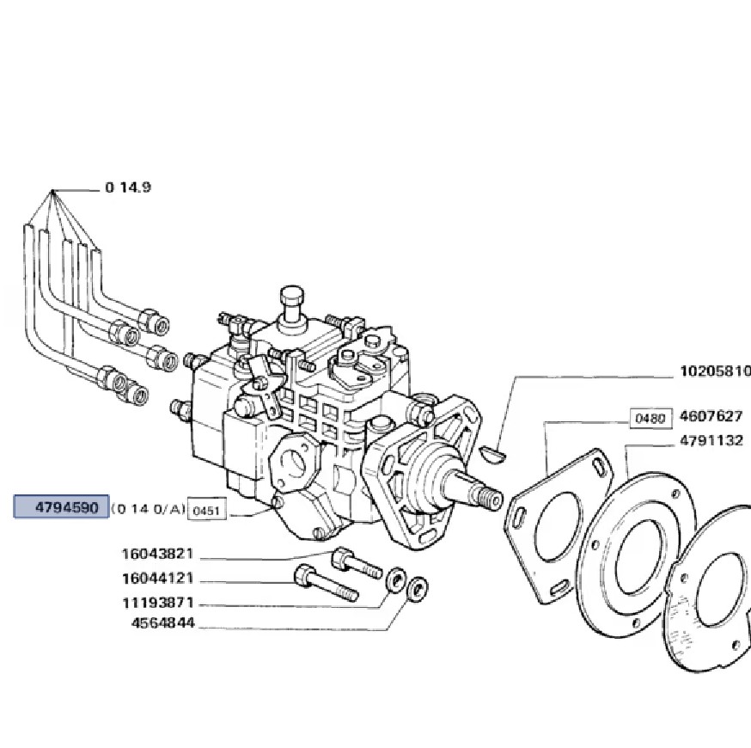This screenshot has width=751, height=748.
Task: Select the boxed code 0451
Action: click(x=206, y=511)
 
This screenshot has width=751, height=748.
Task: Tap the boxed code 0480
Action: click(x=650, y=419)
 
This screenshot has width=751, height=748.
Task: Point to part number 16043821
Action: click(x=157, y=554)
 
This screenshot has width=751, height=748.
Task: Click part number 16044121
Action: click(x=157, y=578)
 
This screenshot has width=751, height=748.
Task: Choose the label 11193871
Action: click(x=157, y=603)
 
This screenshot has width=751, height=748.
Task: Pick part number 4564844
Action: click(x=163, y=623)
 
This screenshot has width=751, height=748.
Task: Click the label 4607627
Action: click(x=711, y=415)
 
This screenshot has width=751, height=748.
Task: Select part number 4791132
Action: click(x=711, y=440)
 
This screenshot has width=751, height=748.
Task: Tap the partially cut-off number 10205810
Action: click(x=715, y=371)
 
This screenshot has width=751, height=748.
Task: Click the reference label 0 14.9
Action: click(x=128, y=187)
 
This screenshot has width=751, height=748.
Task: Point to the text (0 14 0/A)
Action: click(x=148, y=508)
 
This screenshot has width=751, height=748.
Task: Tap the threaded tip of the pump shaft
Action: click(x=488, y=498)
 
